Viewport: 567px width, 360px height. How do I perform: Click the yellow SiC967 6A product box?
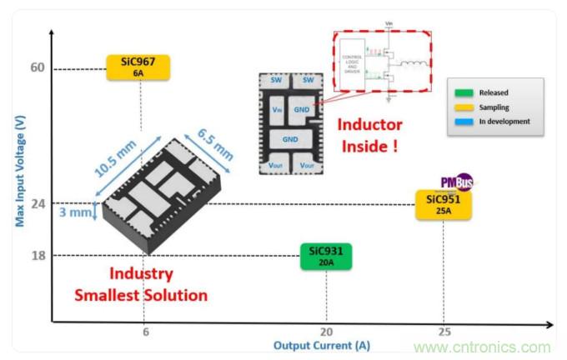pyautogui.click(x=138, y=67)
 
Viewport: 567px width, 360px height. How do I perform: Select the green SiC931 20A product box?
pyautogui.click(x=326, y=256)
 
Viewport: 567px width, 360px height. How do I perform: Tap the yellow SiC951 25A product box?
pyautogui.click(x=444, y=204)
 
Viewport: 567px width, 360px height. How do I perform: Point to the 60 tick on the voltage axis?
pyautogui.click(x=38, y=67)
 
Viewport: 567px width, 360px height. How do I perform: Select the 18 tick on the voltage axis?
pyautogui.click(x=38, y=255)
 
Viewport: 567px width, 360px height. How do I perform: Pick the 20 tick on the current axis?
pyautogui.click(x=327, y=331)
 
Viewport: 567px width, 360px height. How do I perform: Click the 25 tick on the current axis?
pyautogui.click(x=444, y=331)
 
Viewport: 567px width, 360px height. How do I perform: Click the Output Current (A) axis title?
pyautogui.click(x=322, y=345)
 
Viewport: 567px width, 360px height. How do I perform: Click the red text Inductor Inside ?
pyautogui.click(x=369, y=136)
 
